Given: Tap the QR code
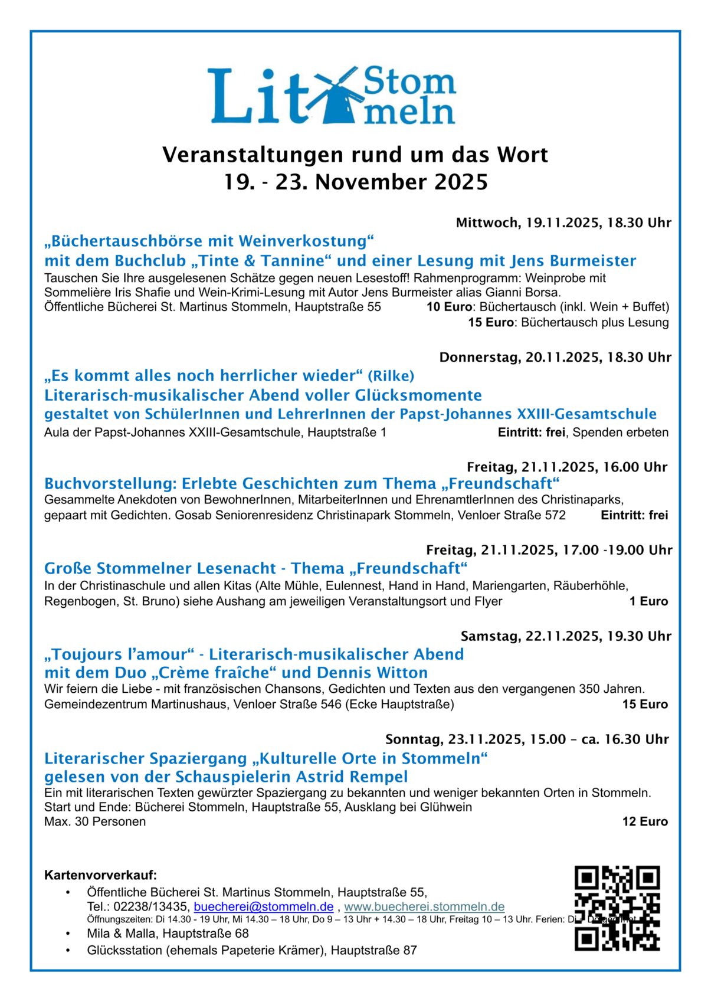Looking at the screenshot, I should [x=617, y=908].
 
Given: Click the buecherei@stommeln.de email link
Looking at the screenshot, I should [x=263, y=906].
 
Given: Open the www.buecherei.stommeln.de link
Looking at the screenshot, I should [x=424, y=906].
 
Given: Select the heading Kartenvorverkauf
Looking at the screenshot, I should [x=100, y=875].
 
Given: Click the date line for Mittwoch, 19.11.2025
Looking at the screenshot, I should [x=563, y=222].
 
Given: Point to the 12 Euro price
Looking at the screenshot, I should [x=645, y=821].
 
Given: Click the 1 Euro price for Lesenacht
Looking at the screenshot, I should [x=648, y=601].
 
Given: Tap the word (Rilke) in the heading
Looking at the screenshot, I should [x=391, y=376].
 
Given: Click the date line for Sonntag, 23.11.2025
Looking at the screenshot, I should [x=527, y=739].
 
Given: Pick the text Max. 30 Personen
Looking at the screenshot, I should [x=95, y=821].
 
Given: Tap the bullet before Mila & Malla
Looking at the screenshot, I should [x=68, y=934].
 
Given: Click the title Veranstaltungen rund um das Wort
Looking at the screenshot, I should [x=355, y=155].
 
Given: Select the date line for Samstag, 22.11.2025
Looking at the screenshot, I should [x=566, y=636].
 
